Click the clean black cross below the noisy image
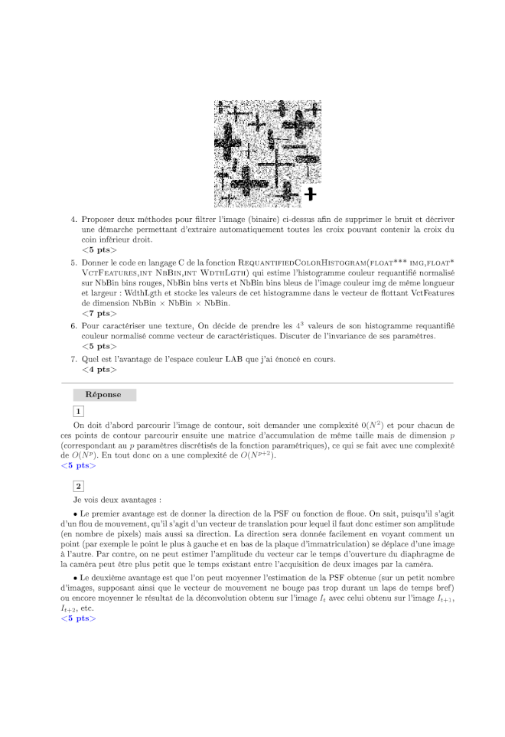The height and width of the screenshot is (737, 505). click(x=310, y=194)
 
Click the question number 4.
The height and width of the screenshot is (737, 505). click(x=74, y=219)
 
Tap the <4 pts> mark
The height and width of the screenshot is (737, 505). click(x=99, y=369)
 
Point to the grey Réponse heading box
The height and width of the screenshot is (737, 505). click(x=104, y=394)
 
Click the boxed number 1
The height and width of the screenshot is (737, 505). click(x=79, y=411)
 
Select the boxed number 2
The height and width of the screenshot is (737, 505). click(x=79, y=485)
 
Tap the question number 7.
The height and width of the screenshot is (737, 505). click(x=74, y=358)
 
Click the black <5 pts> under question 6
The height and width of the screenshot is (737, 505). click(x=99, y=345)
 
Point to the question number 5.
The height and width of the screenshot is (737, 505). click(x=74, y=262)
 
